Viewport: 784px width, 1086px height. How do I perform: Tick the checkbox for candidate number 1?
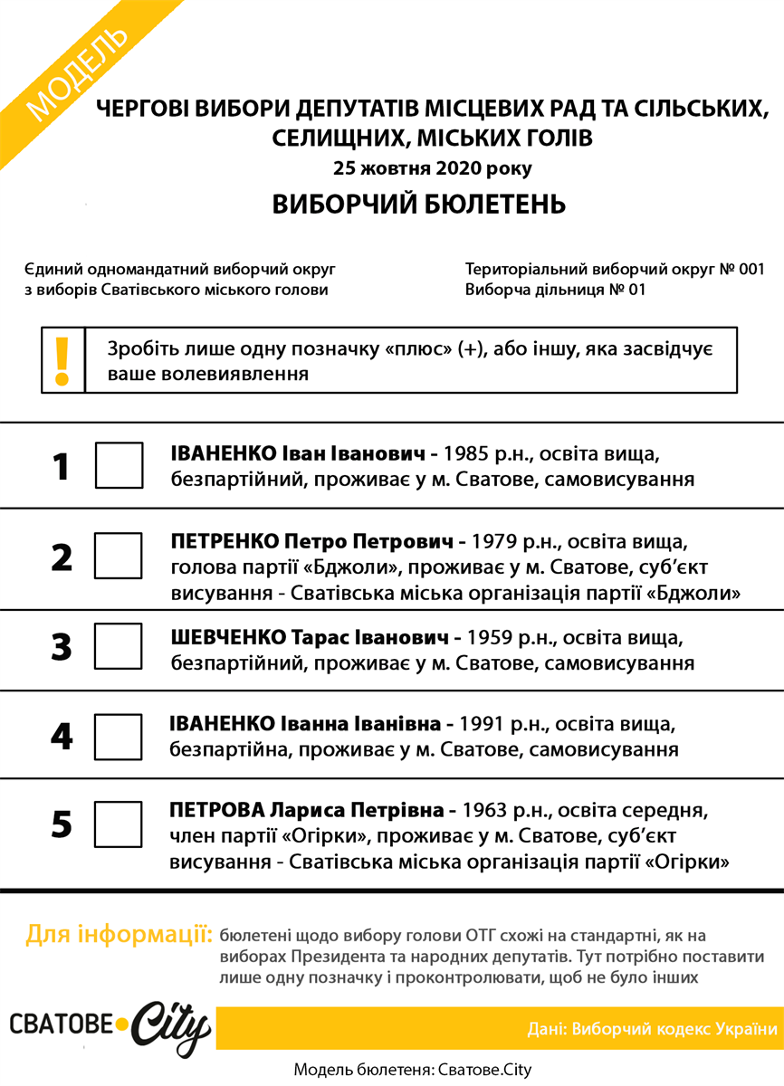pos(120,465)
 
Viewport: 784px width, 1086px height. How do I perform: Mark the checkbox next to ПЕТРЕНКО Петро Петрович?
pos(119,555)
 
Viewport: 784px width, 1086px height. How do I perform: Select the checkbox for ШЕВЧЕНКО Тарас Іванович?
pos(119,645)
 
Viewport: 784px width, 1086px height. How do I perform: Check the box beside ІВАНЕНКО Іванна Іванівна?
pos(119,736)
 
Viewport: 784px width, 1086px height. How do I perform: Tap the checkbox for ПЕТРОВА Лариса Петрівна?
pos(119,824)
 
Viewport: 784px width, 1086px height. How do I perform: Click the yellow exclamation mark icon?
pos(62,360)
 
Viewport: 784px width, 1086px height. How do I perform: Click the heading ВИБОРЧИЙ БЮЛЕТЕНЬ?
pos(419,205)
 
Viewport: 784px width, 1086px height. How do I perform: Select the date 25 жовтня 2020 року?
pos(432,168)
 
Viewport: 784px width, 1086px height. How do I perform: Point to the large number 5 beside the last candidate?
pos(61,824)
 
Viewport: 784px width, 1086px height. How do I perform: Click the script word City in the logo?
pos(172,1029)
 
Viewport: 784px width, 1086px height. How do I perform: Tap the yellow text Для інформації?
pos(119,934)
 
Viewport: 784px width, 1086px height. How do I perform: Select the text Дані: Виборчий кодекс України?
pos(652,1029)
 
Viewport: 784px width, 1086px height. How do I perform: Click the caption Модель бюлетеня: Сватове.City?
pos(413,1070)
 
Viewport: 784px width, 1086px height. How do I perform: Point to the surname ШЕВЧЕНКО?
pos(228,638)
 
